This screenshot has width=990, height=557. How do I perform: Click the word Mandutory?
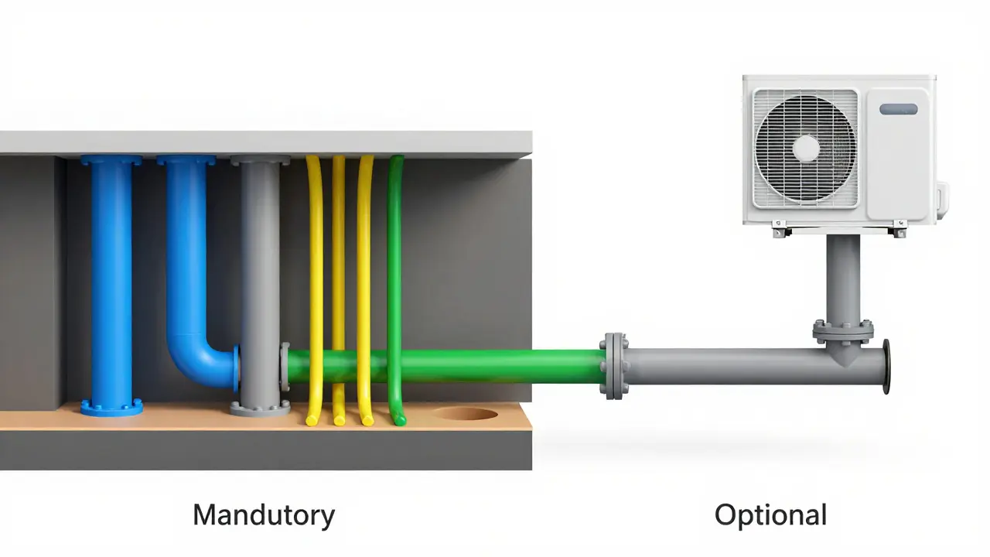264,516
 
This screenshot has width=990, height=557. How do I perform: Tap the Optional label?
770,515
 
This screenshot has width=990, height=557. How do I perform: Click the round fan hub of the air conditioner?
806,148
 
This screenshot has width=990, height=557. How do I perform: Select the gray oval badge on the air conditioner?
899,109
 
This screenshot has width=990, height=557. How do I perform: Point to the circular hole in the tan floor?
466,413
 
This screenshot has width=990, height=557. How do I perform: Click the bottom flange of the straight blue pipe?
111,408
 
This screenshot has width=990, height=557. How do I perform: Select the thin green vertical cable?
394,289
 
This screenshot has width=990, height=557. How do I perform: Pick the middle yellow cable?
339,289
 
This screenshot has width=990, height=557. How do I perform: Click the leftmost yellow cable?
316,289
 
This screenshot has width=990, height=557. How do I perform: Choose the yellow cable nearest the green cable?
365,289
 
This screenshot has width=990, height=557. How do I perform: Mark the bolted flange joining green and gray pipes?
614,367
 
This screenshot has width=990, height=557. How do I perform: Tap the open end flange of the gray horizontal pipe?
886,367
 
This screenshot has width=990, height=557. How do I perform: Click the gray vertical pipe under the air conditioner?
843,278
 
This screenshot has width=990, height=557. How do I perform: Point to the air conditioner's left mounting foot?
780,230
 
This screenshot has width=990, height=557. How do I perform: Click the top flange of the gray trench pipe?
261,160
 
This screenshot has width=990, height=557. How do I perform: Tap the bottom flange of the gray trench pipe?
261,408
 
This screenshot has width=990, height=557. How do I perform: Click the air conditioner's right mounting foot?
900,230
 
